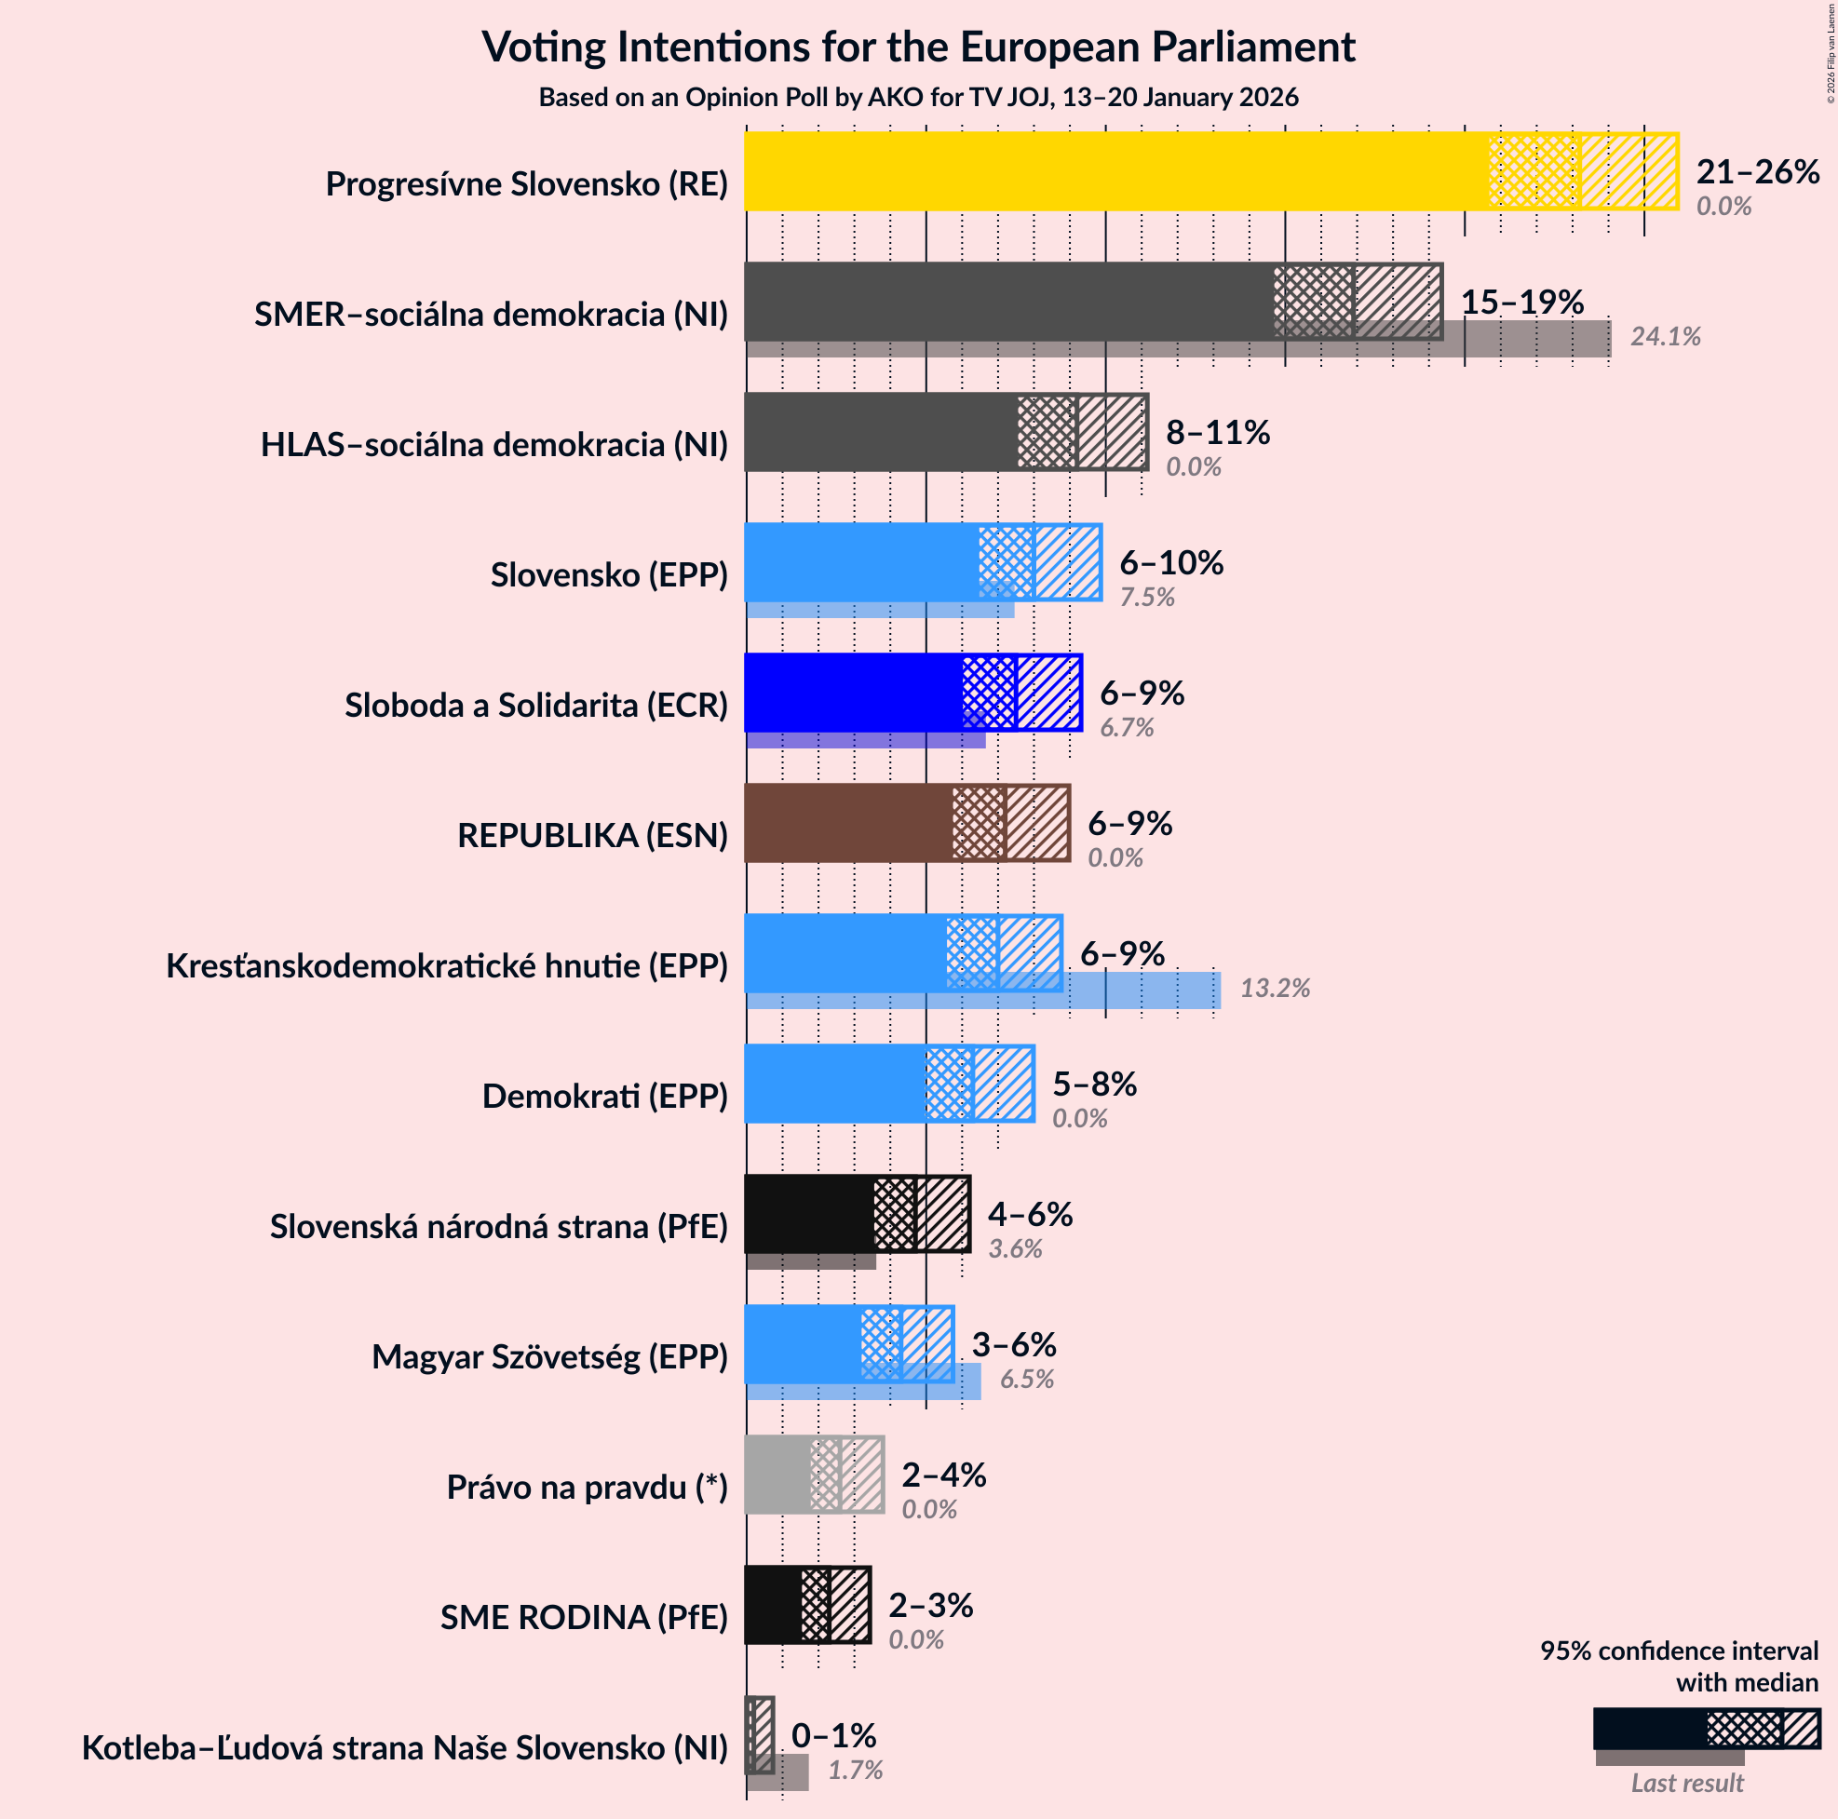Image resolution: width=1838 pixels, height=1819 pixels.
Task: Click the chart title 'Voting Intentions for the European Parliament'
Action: (x=918, y=47)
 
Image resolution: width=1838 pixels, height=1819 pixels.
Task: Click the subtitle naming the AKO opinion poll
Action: (x=918, y=97)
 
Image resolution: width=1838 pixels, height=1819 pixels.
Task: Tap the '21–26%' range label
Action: (x=1757, y=171)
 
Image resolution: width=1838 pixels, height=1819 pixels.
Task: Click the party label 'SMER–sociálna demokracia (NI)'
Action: (x=491, y=314)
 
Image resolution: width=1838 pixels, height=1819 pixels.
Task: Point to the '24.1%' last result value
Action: (x=1665, y=337)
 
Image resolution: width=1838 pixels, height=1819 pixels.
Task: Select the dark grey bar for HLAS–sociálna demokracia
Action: (x=880, y=432)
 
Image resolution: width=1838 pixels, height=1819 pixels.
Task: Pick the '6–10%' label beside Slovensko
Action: (x=1170, y=563)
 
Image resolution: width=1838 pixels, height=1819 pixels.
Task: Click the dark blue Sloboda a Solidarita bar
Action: (x=851, y=692)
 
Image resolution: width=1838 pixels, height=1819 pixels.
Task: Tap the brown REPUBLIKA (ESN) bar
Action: (x=846, y=823)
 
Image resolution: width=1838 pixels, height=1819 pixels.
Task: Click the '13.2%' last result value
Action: (x=1275, y=989)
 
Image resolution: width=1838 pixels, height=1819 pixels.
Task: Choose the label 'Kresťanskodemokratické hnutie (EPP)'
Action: (x=447, y=965)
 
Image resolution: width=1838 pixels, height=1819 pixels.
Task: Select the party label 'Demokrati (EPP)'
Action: (x=605, y=1096)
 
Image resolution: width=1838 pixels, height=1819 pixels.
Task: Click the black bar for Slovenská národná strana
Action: (x=808, y=1214)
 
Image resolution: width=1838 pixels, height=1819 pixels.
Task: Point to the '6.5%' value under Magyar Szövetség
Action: (x=1026, y=1380)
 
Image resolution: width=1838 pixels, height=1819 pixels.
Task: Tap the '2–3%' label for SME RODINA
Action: (x=929, y=1605)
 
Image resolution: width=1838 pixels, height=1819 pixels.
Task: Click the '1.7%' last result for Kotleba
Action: (x=856, y=1771)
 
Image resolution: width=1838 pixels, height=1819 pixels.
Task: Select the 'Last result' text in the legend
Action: (x=1687, y=1783)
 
